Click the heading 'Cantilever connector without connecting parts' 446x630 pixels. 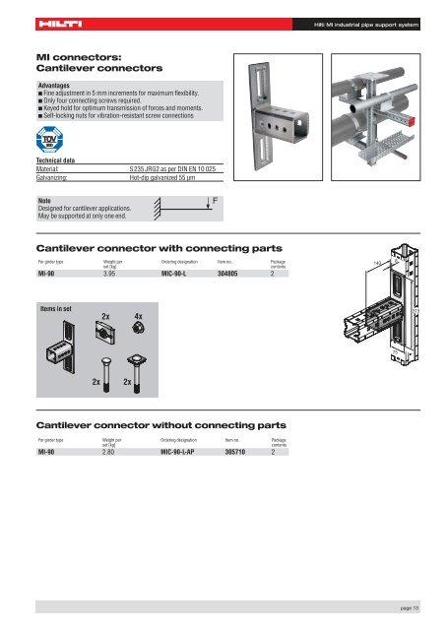pyautogui.click(x=160, y=424)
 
